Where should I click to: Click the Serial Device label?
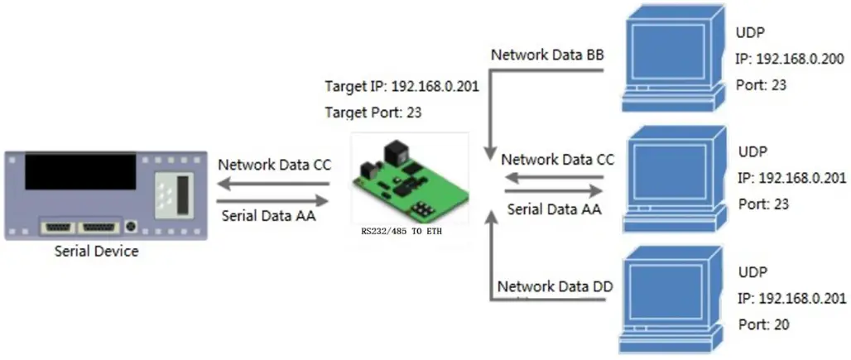click(96, 252)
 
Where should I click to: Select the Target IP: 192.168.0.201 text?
click(401, 84)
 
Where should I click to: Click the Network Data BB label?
click(548, 55)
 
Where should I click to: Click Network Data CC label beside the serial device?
click(274, 164)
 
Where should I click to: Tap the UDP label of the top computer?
click(750, 34)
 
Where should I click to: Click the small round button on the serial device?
click(131, 224)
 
